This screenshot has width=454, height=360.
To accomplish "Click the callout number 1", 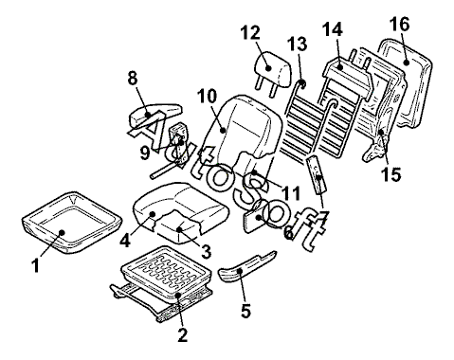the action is coord(36,265).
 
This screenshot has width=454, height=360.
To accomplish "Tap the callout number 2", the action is coord(183,334).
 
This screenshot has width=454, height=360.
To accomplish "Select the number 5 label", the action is coord(245,311).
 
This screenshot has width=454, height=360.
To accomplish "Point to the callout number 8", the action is coord(133,78).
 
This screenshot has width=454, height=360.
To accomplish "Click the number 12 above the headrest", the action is coord(250,33).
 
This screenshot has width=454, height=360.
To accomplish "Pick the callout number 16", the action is coord(399,24).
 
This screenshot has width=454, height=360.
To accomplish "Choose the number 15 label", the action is coord(390,174).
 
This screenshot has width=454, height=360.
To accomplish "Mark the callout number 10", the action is coord(207,96).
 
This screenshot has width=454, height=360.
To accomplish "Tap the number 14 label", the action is coord(333,29).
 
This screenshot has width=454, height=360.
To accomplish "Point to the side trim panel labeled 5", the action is coord(246,268).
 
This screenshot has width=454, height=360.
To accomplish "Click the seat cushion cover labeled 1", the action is coord(72,222).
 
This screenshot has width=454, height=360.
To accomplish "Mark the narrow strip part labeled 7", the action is coord(318,174).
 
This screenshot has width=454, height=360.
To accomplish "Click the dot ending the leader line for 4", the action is coord(153,214).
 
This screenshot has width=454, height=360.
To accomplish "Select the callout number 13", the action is coord(298,45).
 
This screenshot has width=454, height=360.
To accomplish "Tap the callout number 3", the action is coord(206,252).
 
